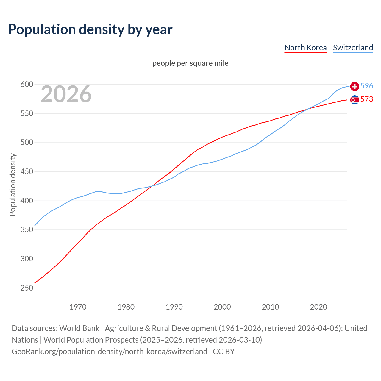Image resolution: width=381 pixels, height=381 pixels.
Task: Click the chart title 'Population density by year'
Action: pyautogui.click(x=90, y=29)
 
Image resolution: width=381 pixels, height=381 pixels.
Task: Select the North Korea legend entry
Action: pyautogui.click(x=305, y=48)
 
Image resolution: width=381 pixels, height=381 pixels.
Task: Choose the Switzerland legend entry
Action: pyautogui.click(x=353, y=48)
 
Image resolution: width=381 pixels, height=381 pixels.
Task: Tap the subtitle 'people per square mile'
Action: pyautogui.click(x=190, y=63)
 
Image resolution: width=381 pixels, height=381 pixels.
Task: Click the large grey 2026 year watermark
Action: pyautogui.click(x=66, y=94)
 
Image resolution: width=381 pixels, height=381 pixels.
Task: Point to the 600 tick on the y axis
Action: pyautogui.click(x=26, y=85)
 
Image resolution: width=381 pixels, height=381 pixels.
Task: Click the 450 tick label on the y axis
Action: pyautogui.click(x=26, y=172)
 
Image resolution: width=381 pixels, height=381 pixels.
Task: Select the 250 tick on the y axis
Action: pyautogui.click(x=26, y=288)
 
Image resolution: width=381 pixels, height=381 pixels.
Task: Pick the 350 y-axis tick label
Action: pyautogui.click(x=26, y=230)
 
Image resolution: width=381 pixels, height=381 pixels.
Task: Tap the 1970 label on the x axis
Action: pyautogui.click(x=78, y=307)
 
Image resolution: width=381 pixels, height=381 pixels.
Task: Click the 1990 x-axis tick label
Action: pyautogui.click(x=174, y=307)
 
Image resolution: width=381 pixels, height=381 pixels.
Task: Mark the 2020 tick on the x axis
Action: pyautogui.click(x=318, y=307)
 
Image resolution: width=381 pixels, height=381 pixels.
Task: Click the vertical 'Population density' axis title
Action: pyautogui.click(x=13, y=185)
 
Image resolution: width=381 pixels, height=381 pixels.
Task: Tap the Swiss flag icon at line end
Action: pyautogui.click(x=355, y=86)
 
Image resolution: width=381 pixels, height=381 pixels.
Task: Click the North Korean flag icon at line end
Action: pyautogui.click(x=355, y=100)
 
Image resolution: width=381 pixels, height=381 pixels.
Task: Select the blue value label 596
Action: pyautogui.click(x=367, y=86)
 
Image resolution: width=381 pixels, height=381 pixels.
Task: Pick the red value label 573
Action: pyautogui.click(x=367, y=99)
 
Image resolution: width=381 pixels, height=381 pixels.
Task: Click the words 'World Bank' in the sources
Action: pyautogui.click(x=79, y=328)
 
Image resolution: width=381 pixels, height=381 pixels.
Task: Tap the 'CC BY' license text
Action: pyautogui.click(x=224, y=351)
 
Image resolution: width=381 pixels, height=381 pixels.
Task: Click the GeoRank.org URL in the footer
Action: pyautogui.click(x=109, y=351)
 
